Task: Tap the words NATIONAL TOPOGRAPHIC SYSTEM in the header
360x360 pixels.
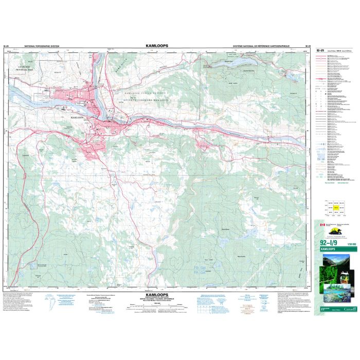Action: [x=39, y=46]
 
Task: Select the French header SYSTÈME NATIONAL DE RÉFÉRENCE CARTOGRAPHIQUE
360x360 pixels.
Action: [x=261, y=46]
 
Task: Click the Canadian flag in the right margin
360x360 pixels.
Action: [x=322, y=225]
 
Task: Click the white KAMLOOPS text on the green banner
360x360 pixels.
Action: [x=330, y=249]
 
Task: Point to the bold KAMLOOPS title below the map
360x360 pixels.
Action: [x=154, y=296]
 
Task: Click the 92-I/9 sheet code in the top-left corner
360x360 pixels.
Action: [x=6, y=46]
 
